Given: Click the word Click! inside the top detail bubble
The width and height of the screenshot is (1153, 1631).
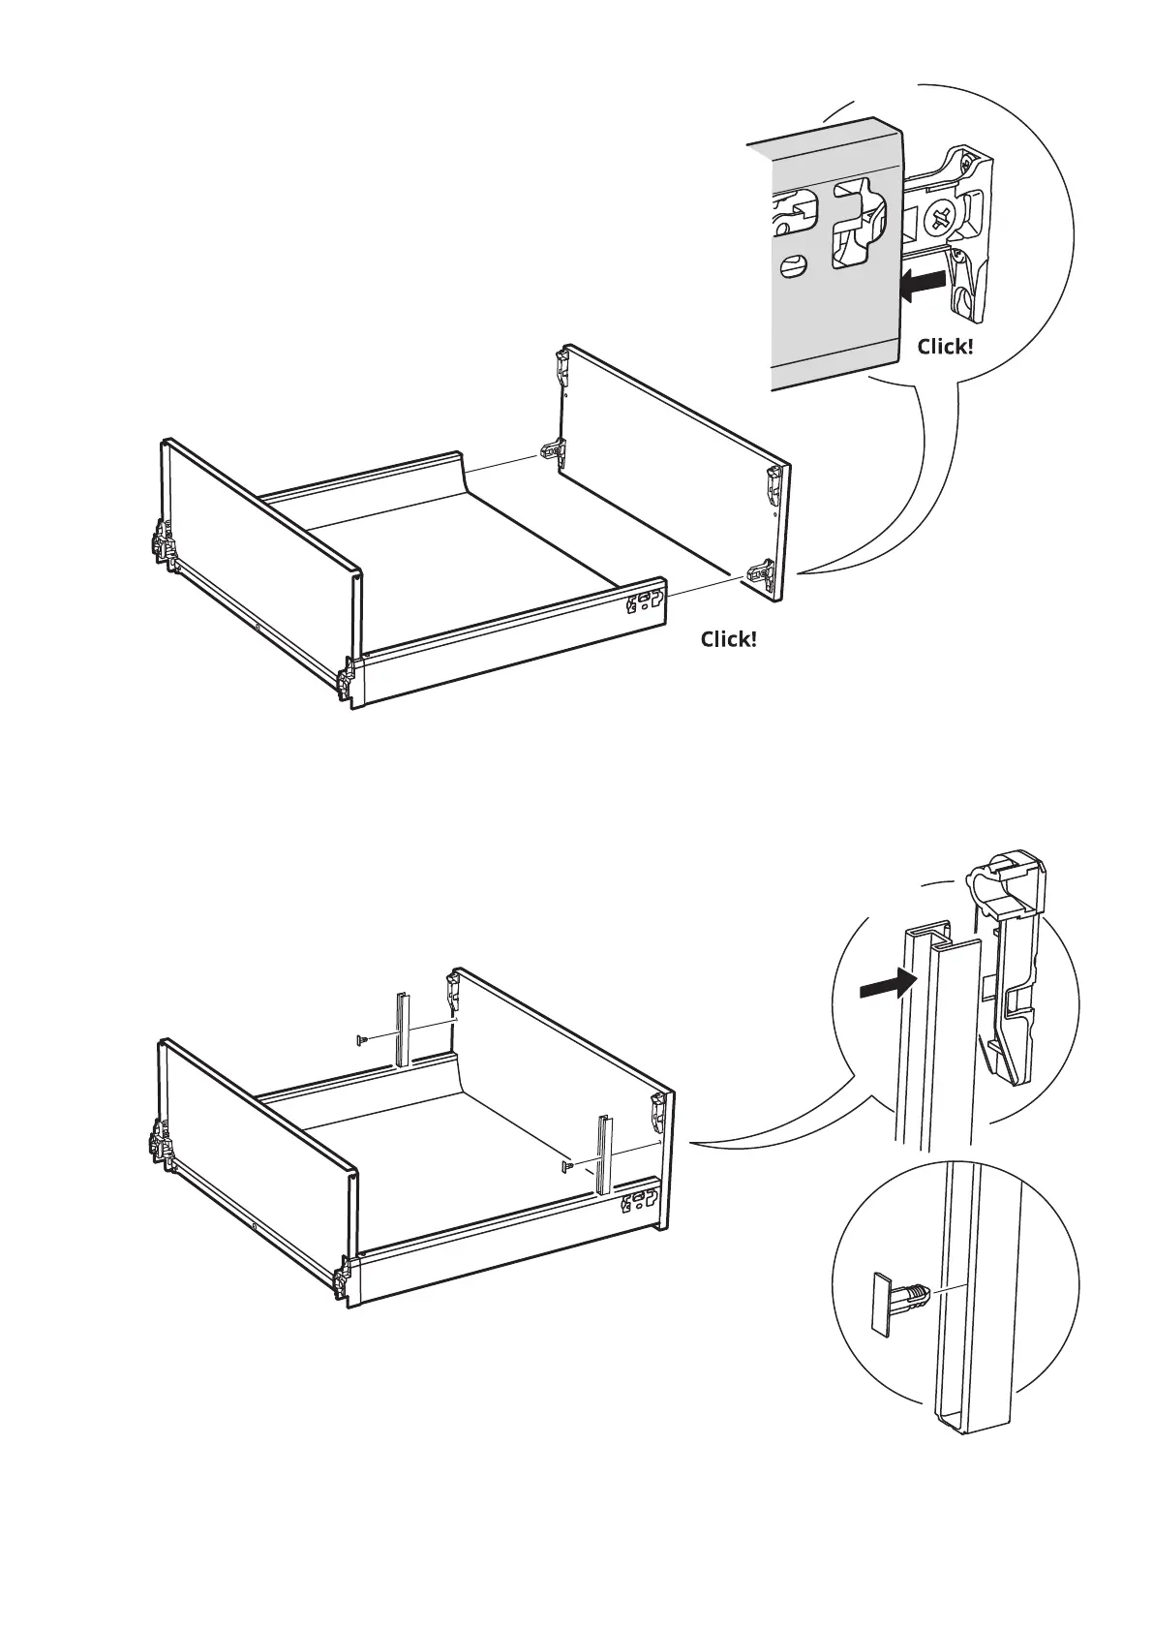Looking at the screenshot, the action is point(945,346).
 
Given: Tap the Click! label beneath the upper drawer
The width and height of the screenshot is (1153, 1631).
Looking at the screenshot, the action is point(729,639).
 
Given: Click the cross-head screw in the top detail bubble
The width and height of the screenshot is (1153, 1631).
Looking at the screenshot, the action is point(940,216).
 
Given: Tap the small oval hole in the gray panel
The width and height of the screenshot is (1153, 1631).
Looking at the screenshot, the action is point(794,264).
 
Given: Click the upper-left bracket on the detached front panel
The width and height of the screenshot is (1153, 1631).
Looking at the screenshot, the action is point(561,364).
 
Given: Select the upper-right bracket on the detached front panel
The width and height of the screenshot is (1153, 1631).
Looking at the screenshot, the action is point(774,482).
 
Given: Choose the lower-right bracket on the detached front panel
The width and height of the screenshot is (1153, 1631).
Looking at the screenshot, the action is point(758,573).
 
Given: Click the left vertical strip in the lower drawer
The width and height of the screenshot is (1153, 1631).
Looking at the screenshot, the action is point(402,1030).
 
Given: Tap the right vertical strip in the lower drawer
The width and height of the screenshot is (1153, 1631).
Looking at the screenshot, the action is point(605,1154).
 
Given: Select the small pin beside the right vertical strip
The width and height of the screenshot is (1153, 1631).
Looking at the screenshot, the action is point(567,1165).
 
